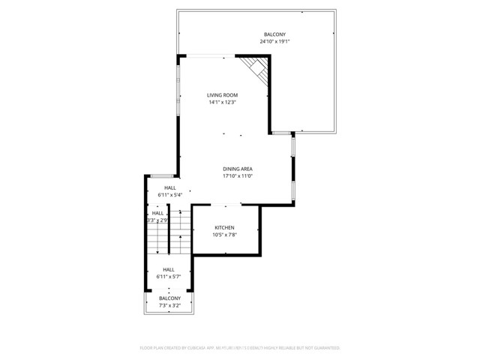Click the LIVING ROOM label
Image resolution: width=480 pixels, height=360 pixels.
click(x=223, y=95)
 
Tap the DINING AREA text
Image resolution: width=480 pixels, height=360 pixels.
click(x=237, y=169)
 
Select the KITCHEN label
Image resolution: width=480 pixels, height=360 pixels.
click(x=225, y=228)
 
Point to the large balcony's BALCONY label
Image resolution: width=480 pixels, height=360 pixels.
click(x=274, y=34)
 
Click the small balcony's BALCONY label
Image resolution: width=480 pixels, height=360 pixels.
click(x=169, y=298)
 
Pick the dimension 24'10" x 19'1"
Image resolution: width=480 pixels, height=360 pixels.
click(x=274, y=42)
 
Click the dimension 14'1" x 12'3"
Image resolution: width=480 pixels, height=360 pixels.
click(x=223, y=103)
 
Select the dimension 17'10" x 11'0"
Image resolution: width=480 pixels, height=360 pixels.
click(x=237, y=177)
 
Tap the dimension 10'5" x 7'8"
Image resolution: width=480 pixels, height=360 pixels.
click(x=225, y=235)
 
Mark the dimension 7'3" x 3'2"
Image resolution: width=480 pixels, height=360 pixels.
click(x=169, y=305)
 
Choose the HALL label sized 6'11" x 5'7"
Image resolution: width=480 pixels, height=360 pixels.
click(x=169, y=269)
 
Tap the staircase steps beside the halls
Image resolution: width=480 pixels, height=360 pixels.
click(x=166, y=241)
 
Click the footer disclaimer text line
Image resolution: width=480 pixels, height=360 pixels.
click(x=240, y=348)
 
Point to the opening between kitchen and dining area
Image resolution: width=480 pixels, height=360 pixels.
click(x=225, y=204)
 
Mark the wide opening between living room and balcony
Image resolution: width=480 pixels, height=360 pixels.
click(x=207, y=55)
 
